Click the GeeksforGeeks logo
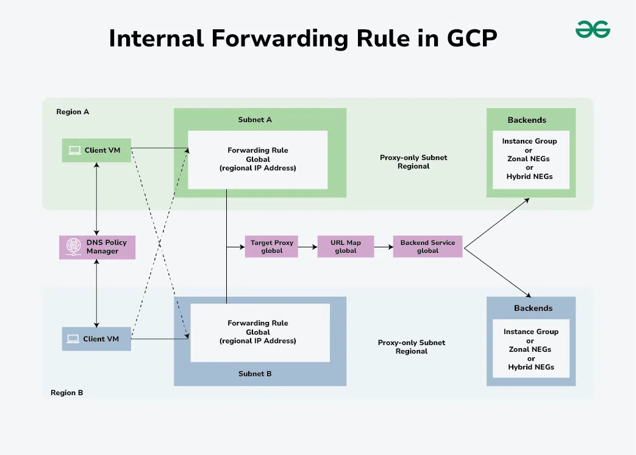click(593, 29)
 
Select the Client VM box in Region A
click(96, 150)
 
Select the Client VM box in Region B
click(96, 339)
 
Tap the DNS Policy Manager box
click(98, 247)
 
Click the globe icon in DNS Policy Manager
click(73, 247)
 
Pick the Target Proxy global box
click(271, 247)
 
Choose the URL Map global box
click(346, 247)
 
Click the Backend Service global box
click(427, 247)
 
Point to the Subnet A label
click(255, 120)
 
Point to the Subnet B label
click(255, 374)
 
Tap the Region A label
click(73, 112)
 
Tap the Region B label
click(67, 393)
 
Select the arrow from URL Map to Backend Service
click(384, 247)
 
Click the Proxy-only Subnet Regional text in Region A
click(413, 162)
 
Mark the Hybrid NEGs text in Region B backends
click(531, 367)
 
